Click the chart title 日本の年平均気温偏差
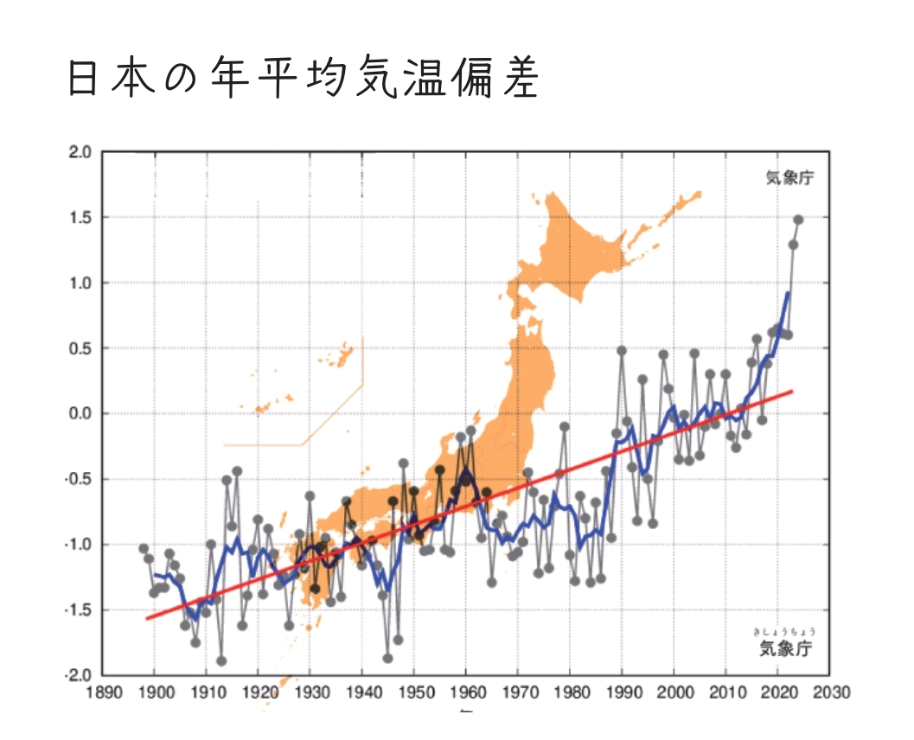(x=303, y=80)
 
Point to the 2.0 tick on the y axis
(x=80, y=153)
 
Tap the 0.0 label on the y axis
(x=80, y=414)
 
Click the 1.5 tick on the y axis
(x=80, y=218)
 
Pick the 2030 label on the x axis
(x=830, y=693)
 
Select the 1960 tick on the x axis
(x=466, y=693)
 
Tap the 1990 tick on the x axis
(x=622, y=693)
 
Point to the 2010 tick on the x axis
(x=725, y=693)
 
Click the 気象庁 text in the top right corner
(x=789, y=179)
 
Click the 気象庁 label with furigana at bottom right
(x=786, y=647)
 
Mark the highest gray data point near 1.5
(x=798, y=220)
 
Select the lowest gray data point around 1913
(x=221, y=660)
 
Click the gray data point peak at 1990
(x=622, y=351)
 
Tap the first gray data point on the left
(x=144, y=548)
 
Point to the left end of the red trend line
(x=147, y=618)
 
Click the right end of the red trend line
(x=792, y=392)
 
